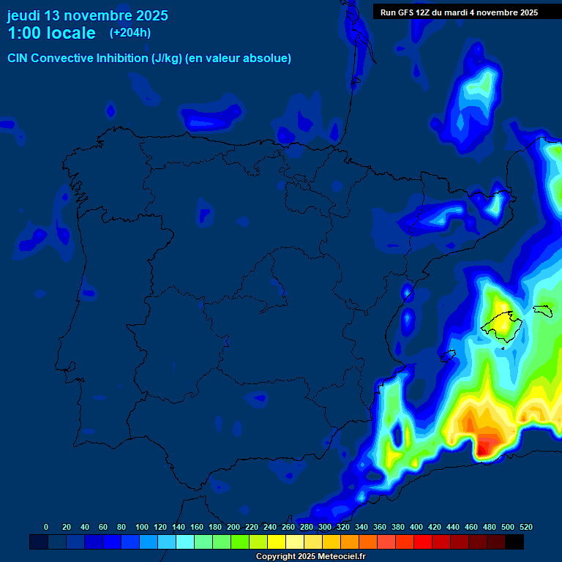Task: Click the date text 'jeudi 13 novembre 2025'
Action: tap(87, 15)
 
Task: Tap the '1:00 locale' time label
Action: tap(51, 33)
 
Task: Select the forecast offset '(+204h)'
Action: tap(131, 33)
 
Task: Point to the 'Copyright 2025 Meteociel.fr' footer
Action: tap(310, 557)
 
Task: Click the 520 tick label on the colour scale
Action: tap(525, 527)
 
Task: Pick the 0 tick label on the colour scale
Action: tap(46, 527)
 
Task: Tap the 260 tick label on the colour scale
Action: tap(288, 527)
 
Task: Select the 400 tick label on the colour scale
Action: tap(416, 527)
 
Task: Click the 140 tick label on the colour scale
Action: tap(178, 527)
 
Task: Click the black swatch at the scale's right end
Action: tap(514, 542)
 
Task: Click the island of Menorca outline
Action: tap(542, 310)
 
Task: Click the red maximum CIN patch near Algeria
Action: tap(485, 445)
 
